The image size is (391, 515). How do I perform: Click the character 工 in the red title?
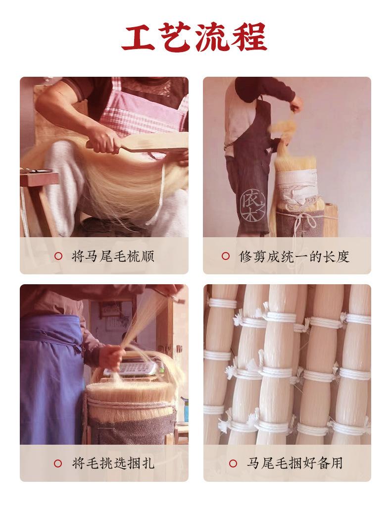click(x=140, y=37)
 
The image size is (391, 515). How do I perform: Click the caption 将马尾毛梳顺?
click(x=113, y=256)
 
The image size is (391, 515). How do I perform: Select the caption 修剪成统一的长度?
click(x=294, y=256)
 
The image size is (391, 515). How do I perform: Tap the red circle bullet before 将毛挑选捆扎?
click(x=58, y=463)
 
